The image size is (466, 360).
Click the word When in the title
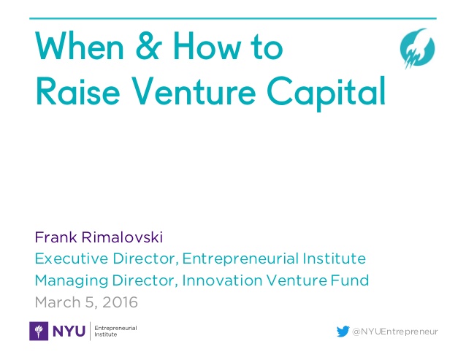[x=80, y=46]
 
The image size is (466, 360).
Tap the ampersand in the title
[x=148, y=46]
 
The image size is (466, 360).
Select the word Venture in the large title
[x=194, y=91]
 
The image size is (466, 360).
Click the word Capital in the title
[x=326, y=93]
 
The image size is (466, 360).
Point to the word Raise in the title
[x=77, y=91]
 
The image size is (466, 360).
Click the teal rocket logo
[x=417, y=48]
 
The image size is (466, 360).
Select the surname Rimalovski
[x=122, y=237]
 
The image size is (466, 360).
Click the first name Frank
[x=56, y=237]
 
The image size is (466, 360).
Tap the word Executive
[x=72, y=258]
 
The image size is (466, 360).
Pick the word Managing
[x=72, y=281]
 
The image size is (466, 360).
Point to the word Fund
[x=349, y=280]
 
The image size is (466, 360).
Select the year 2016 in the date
[x=120, y=302]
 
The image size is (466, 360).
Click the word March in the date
[x=58, y=302]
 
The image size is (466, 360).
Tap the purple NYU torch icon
[x=39, y=331]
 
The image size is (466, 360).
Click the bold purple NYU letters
[x=69, y=332]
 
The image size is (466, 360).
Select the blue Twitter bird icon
[x=343, y=332]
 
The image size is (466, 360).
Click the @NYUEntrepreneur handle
[x=394, y=332]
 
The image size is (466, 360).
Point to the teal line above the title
[x=233, y=18]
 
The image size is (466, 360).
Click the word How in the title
[x=207, y=46]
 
